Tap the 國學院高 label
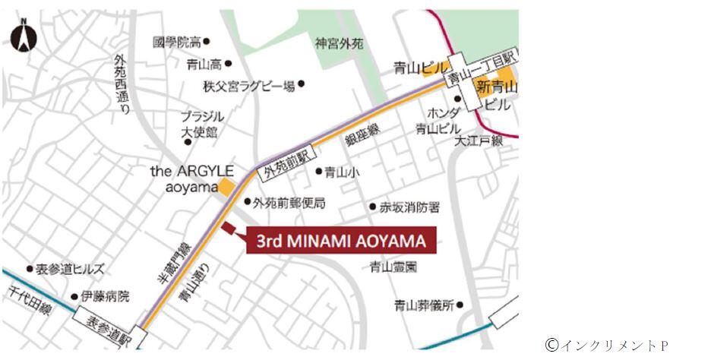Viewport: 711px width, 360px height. (x=176, y=43)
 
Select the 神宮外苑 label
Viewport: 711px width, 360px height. (x=339, y=44)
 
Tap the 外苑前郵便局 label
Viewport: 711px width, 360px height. (x=289, y=203)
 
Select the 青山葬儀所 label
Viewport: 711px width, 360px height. (x=424, y=305)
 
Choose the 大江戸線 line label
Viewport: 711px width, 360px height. (x=479, y=141)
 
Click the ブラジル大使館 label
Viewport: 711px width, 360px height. (x=201, y=125)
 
